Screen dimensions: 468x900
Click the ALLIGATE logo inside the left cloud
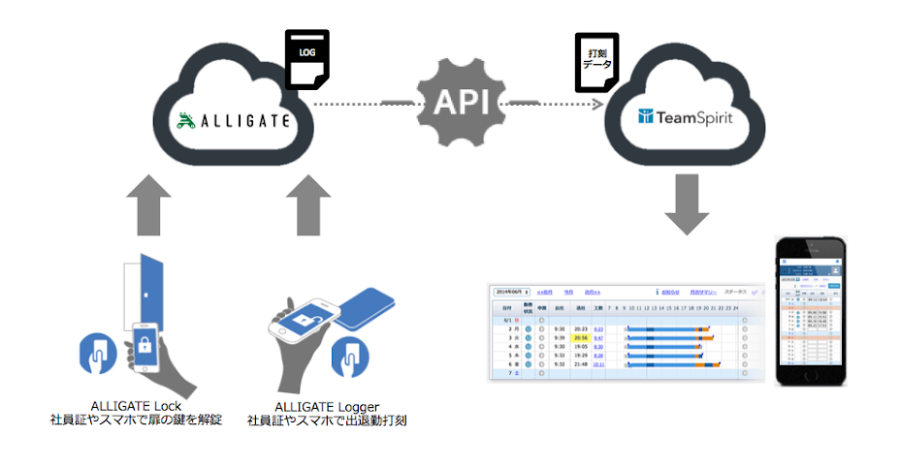coord(232,121)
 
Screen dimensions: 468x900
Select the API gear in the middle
coord(461,101)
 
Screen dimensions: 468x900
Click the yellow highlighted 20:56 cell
coord(581,338)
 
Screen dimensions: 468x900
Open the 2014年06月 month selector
coord(512,291)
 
